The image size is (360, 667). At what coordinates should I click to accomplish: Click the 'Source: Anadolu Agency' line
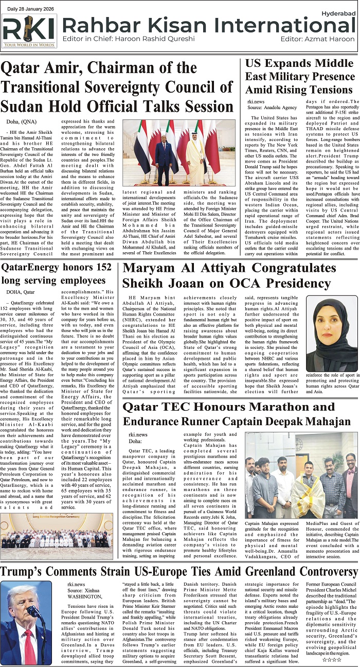click(x=272, y=108)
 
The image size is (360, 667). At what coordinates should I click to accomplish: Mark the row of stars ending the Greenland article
click(x=332, y=659)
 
